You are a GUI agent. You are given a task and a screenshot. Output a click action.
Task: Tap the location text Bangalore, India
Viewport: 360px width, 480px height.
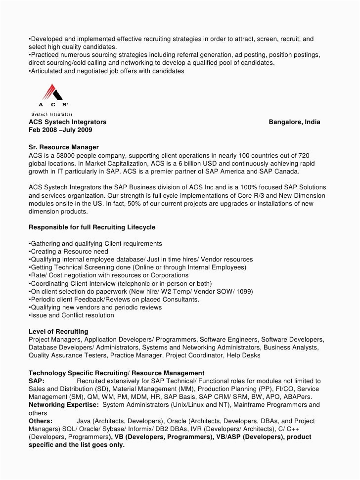(294, 122)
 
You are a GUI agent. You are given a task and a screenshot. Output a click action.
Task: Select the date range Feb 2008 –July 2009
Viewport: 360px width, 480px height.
(60, 130)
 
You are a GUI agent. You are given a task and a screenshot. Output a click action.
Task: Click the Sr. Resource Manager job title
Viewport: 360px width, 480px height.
(64, 147)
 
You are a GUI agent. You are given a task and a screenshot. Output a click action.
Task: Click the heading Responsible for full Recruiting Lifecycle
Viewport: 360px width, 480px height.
(92, 227)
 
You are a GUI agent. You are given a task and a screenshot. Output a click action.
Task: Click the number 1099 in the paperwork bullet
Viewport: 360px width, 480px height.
(243, 292)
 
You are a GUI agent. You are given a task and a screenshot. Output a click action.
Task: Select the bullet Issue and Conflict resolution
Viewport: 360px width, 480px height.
(72, 315)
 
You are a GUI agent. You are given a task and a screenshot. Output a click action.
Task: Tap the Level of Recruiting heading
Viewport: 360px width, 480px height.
(58, 331)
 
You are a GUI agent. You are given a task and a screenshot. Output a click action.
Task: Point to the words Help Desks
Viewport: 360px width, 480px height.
(244, 355)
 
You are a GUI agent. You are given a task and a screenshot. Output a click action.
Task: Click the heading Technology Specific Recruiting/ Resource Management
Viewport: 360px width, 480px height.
(116, 373)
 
